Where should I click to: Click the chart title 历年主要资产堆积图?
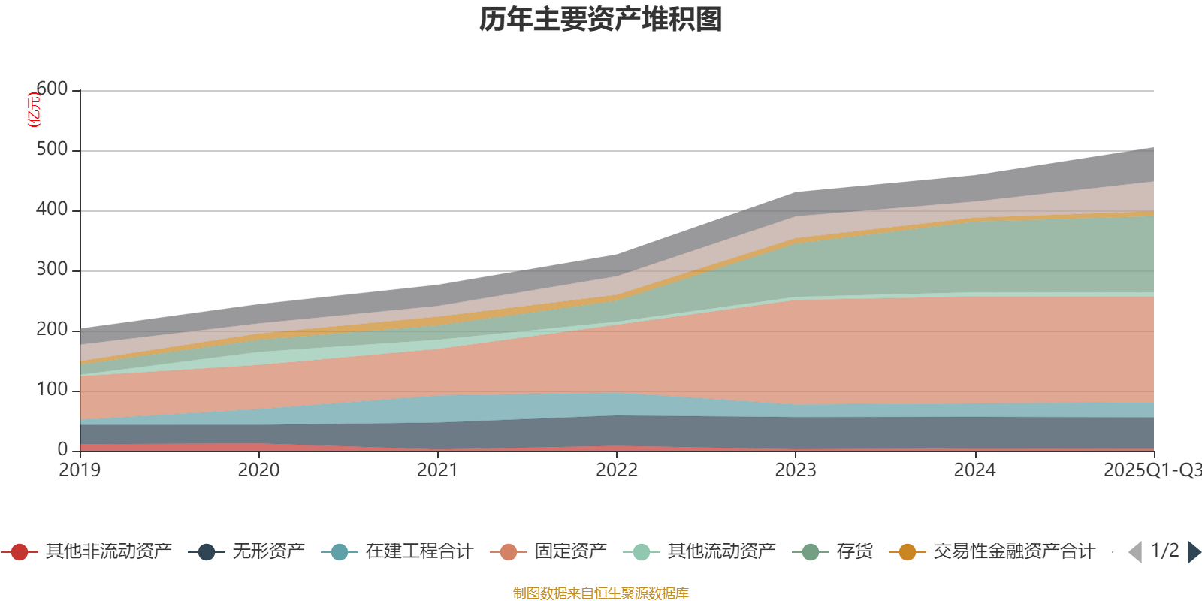pyautogui.click(x=601, y=20)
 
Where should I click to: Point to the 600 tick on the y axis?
pyautogui.click(x=52, y=89)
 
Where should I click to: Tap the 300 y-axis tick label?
pyautogui.click(x=52, y=270)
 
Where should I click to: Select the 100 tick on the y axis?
pyautogui.click(x=52, y=390)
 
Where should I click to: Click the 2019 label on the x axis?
pyautogui.click(x=80, y=470)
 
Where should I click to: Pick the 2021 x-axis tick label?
pyautogui.click(x=437, y=470)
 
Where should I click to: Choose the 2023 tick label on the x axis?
pyautogui.click(x=796, y=470)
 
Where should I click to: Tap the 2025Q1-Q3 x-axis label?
pyautogui.click(x=1152, y=470)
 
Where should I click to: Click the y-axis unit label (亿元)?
pyautogui.click(x=33, y=110)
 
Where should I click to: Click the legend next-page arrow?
pyautogui.click(x=1194, y=552)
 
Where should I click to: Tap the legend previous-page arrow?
pyautogui.click(x=1135, y=552)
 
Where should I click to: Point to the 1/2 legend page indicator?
pyautogui.click(x=1164, y=551)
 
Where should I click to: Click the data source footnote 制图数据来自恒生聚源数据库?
pyautogui.click(x=601, y=593)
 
